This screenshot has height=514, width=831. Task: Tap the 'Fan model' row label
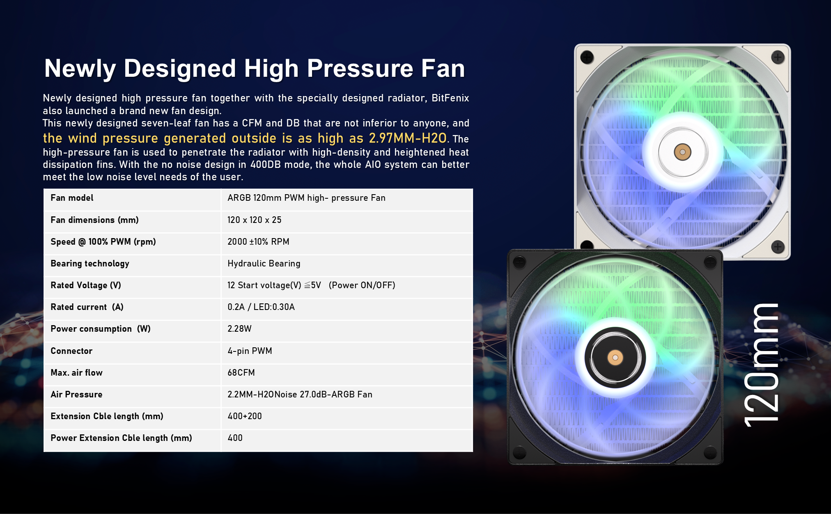click(x=72, y=198)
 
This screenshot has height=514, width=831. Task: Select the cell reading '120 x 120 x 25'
click(x=254, y=220)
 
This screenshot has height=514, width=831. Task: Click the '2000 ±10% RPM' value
click(x=258, y=242)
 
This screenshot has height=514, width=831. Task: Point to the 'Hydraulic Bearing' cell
click(x=264, y=264)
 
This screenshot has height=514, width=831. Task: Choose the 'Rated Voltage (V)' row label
click(x=86, y=285)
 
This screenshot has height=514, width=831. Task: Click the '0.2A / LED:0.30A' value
click(x=261, y=307)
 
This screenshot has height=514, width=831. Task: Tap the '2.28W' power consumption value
click(x=239, y=329)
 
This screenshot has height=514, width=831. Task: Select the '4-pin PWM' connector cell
click(x=250, y=351)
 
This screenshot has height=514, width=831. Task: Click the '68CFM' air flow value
click(x=241, y=373)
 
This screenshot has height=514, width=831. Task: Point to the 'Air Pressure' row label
click(x=76, y=395)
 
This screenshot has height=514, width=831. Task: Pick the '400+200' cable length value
click(x=244, y=416)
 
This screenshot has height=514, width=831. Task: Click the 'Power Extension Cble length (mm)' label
click(x=121, y=438)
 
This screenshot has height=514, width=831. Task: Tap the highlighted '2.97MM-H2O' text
click(x=407, y=138)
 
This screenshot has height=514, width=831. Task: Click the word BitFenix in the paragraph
click(x=450, y=98)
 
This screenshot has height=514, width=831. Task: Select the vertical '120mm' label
click(x=761, y=365)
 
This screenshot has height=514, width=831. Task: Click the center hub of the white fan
click(x=682, y=152)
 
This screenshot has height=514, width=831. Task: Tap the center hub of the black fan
click(x=615, y=358)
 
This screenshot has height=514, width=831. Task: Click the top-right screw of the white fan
click(x=778, y=57)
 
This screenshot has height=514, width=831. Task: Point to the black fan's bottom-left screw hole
click(x=519, y=452)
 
